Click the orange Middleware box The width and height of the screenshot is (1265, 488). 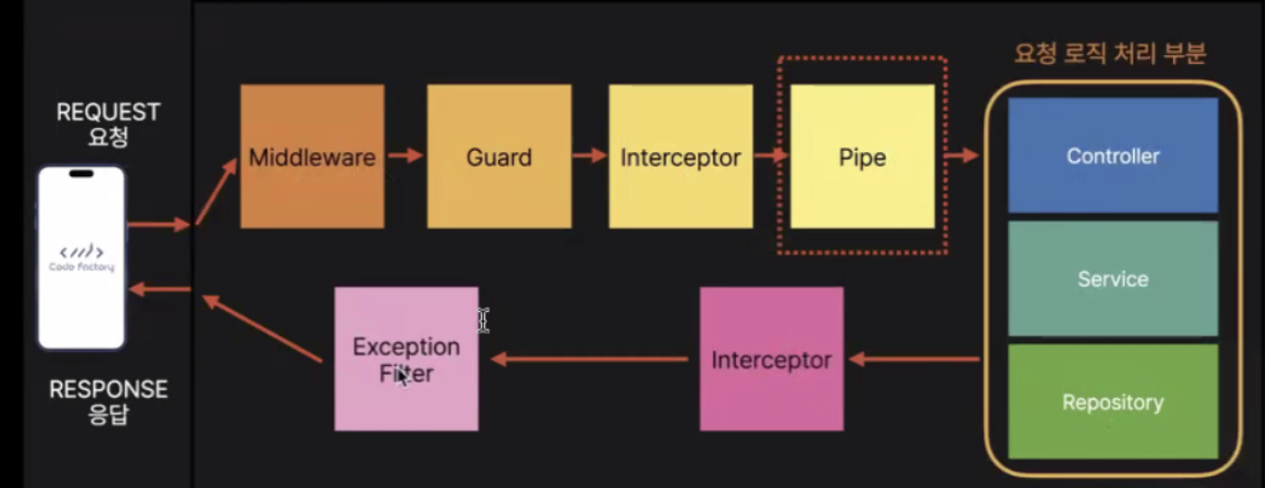click(x=311, y=157)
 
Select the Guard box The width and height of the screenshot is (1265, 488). click(x=499, y=157)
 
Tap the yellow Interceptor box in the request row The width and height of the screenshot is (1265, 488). click(x=681, y=157)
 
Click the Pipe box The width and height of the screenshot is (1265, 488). click(x=863, y=157)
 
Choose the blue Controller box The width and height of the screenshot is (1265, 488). click(x=1112, y=155)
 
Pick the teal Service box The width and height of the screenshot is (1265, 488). click(x=1112, y=279)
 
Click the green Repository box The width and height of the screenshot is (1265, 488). click(x=1112, y=402)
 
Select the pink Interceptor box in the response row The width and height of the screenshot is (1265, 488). click(x=771, y=359)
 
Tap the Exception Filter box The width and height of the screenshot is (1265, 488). click(x=406, y=359)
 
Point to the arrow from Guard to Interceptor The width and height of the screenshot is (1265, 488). click(x=589, y=155)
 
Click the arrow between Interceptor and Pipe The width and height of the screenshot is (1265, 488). click(x=771, y=155)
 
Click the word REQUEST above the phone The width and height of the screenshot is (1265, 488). click(x=107, y=112)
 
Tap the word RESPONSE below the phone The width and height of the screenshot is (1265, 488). click(x=107, y=390)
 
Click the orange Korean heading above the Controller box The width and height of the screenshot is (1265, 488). click(x=1109, y=53)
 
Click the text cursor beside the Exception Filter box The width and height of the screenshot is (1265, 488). click(x=484, y=320)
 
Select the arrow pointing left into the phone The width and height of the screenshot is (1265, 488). click(x=161, y=289)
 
